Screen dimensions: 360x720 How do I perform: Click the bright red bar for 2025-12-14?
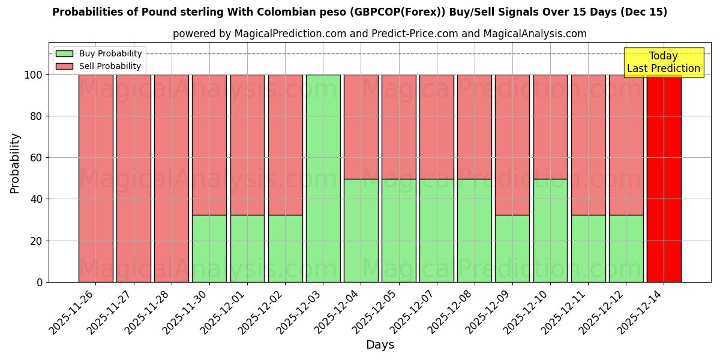tap(664, 178)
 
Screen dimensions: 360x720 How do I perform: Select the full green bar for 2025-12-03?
tap(323, 178)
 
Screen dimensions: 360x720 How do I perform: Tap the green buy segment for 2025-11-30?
tap(209, 248)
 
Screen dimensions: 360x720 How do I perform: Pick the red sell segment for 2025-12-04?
tap(361, 127)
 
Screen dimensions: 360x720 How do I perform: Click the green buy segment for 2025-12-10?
tap(550, 230)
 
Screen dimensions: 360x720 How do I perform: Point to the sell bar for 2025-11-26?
tap(95, 178)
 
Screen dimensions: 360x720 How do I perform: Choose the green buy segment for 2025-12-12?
tap(626, 248)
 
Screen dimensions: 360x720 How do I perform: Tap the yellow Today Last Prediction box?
tap(664, 62)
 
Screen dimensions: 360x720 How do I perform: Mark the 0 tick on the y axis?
tap(39, 282)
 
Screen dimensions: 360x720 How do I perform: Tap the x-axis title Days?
tap(380, 345)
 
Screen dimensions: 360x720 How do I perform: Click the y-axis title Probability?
tap(15, 163)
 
